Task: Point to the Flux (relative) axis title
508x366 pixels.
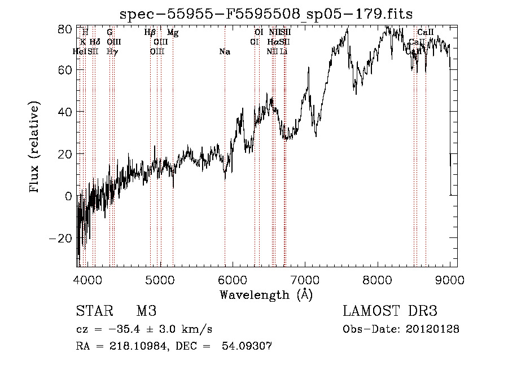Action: coord(36,147)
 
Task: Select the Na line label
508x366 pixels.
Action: coord(225,52)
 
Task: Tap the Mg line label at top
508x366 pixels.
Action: coord(173,33)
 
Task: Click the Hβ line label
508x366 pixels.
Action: coord(150,33)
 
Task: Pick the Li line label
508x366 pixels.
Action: coord(284,52)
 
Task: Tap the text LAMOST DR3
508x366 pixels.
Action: coord(389,312)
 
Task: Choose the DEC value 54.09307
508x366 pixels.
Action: coord(251,346)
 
